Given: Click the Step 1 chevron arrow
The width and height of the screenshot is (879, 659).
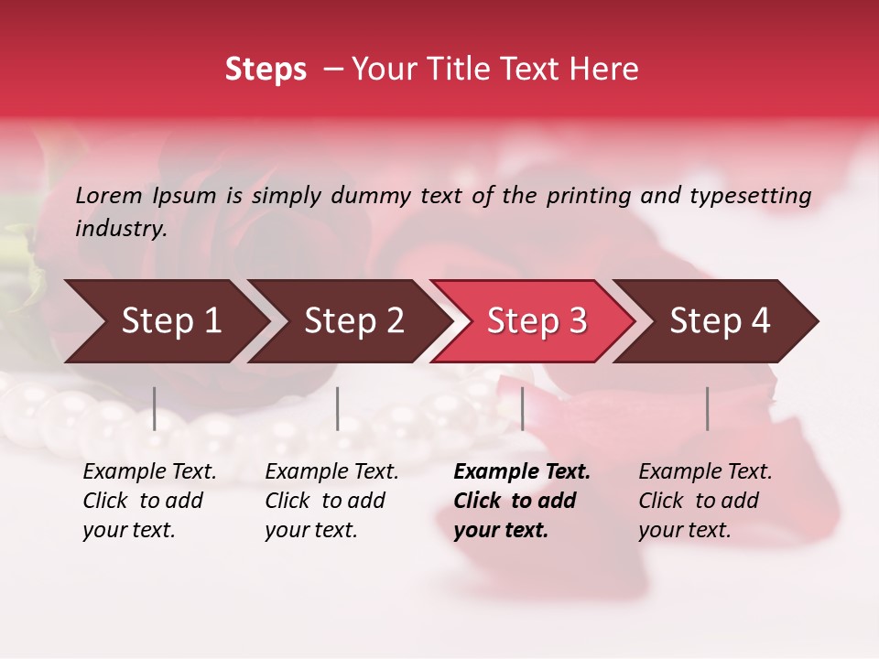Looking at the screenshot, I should click(169, 321).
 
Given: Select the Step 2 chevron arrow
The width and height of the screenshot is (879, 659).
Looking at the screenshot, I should click(353, 321).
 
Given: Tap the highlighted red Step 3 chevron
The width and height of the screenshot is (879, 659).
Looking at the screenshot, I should click(536, 321).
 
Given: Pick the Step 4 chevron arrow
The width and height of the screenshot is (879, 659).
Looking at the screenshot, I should click(719, 321).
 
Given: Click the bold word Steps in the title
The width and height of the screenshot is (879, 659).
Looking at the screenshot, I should click(266, 70).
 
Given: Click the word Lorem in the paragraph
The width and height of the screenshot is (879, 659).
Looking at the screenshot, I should click(109, 196).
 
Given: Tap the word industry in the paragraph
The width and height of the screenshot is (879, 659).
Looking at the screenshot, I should click(120, 228).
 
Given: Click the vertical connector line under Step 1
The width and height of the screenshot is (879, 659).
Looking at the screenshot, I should click(155, 408).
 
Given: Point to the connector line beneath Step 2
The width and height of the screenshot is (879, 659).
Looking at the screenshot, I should click(338, 408).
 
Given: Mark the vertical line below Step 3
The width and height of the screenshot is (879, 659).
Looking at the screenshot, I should click(522, 408).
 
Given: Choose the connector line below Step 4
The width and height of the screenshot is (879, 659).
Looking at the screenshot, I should click(707, 408).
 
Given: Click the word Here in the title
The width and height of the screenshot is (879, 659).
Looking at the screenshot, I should click(604, 70).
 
